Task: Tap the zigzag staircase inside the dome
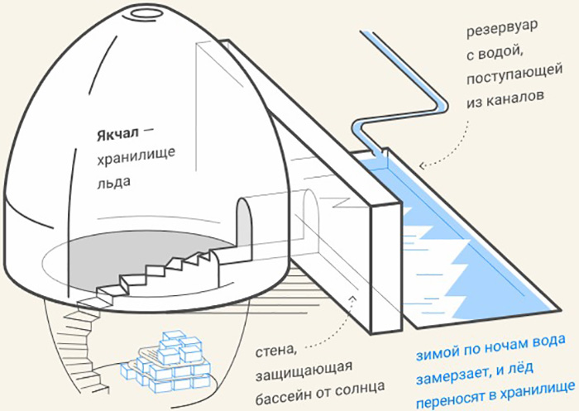click(x=162, y=272)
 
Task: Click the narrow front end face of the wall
click(x=385, y=265)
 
